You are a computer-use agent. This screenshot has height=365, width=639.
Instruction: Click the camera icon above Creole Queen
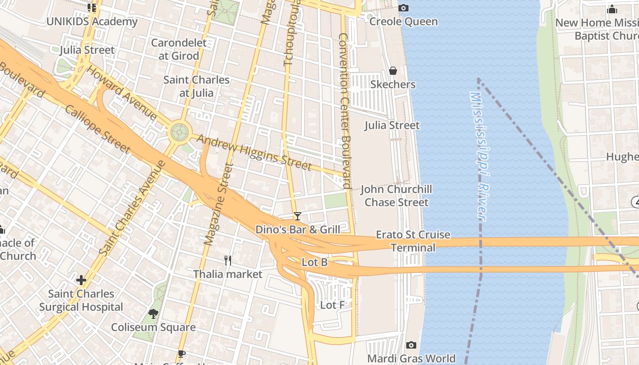403,8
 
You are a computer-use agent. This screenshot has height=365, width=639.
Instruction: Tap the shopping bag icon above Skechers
393,71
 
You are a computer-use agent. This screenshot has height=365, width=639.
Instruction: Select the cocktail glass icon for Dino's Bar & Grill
298,216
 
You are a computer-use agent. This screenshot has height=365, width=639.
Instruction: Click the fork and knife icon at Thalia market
228,261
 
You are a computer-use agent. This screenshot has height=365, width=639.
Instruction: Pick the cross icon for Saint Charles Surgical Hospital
81,280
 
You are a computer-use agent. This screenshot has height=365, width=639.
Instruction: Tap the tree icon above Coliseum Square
153,313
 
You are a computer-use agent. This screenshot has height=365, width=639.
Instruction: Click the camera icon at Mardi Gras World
411,345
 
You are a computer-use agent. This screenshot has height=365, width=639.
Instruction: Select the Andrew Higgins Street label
254,153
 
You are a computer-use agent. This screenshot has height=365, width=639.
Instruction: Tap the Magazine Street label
219,204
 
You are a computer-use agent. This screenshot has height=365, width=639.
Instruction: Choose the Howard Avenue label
121,93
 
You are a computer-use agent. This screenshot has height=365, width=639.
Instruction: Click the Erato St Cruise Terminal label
413,241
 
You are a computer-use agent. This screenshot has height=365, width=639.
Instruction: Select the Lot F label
332,305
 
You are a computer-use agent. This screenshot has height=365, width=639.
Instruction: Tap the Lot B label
314,262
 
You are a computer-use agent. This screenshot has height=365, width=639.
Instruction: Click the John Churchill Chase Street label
396,195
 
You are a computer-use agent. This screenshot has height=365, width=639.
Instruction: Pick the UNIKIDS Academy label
92,21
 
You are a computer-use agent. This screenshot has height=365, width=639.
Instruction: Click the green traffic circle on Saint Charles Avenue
179,132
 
